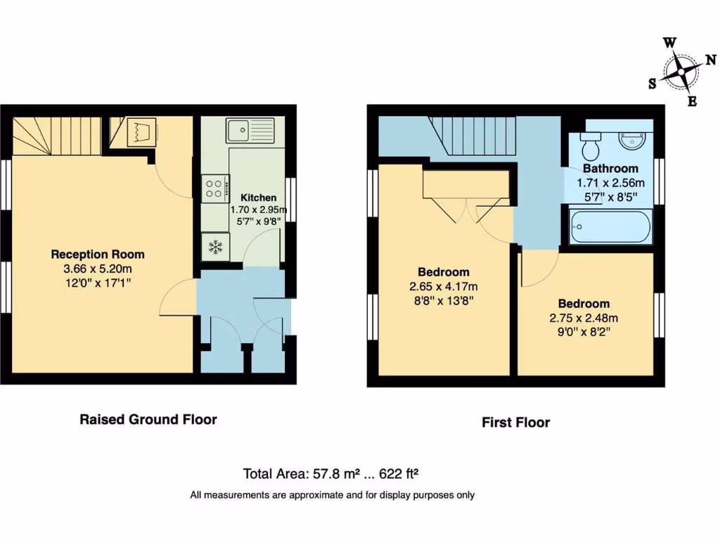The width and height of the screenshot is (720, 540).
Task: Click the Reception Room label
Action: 98,254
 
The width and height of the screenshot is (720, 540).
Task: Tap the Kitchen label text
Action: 258,198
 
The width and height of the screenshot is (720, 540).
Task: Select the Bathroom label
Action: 610,169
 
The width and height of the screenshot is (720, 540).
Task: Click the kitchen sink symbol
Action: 250,131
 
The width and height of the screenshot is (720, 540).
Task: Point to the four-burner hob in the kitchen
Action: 214,187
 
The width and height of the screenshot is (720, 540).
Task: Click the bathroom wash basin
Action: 634,140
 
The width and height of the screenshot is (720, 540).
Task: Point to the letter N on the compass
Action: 710,60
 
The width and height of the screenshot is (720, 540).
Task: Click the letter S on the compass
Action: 652,84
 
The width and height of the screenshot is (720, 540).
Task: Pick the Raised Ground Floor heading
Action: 148,420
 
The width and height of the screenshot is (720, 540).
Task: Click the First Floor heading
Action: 515,423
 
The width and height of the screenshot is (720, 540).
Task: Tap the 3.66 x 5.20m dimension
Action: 98,269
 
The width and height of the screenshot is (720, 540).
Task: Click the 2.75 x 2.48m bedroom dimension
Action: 584,317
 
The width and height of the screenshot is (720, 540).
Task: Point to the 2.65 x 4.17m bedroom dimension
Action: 444,286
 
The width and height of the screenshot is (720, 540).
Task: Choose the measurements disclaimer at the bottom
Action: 332,495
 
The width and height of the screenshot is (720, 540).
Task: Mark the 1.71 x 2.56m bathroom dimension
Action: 610,183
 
